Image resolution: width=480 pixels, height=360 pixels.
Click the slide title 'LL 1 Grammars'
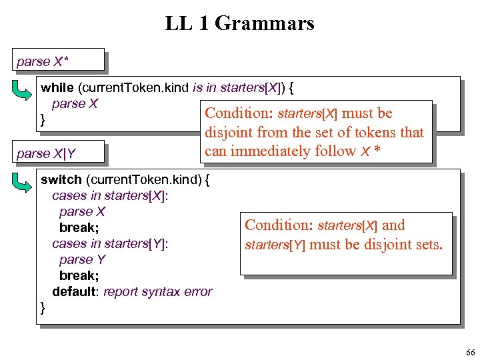tap(239, 24)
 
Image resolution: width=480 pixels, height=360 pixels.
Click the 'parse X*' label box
tap(59, 61)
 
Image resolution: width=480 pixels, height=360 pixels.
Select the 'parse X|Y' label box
tap(59, 153)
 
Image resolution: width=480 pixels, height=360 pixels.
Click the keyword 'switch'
tap(60, 179)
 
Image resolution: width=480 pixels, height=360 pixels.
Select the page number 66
tap(469, 351)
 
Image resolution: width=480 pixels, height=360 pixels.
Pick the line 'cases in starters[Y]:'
tap(110, 243)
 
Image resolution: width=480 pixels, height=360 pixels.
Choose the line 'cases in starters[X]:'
tap(110, 195)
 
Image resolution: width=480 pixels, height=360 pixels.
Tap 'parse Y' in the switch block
tap(82, 259)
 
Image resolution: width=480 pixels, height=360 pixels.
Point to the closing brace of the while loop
tap(43, 120)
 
